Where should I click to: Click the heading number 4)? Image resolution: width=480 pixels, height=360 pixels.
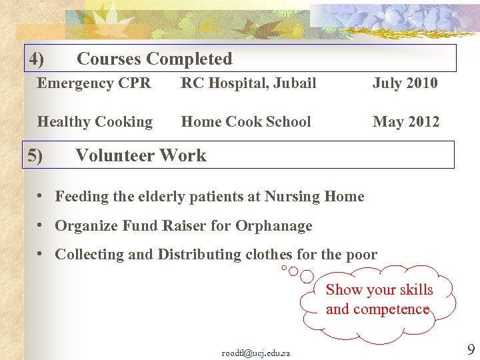[37, 59]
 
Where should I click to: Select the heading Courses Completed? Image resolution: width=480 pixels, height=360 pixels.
[155, 59]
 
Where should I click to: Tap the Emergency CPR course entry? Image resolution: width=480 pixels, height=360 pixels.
[94, 83]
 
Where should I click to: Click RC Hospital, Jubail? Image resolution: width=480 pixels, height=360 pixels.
[249, 83]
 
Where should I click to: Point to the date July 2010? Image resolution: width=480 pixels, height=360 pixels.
[405, 83]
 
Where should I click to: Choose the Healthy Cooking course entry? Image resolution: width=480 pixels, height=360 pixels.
[95, 122]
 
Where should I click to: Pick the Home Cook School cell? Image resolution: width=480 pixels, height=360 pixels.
[246, 122]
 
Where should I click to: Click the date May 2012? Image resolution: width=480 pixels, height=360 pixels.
[405, 122]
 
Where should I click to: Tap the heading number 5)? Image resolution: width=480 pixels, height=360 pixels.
[35, 156]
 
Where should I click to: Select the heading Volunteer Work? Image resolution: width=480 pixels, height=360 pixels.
[141, 156]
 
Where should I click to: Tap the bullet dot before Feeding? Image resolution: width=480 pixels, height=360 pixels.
[41, 196]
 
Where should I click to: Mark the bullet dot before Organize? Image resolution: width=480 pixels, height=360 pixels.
[41, 225]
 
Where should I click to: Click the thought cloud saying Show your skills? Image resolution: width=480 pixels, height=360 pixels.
[379, 299]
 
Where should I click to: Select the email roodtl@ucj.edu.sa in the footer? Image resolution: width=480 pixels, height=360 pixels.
[255, 353]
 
